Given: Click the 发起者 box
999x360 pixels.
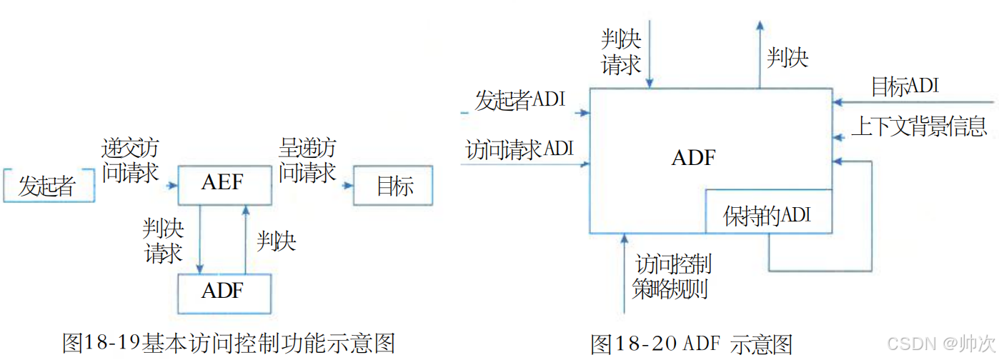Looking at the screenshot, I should (49, 186).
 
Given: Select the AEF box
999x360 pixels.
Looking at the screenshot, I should (223, 184).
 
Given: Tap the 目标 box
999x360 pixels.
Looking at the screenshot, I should (394, 186).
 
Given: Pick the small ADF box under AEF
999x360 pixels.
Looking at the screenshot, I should (223, 293).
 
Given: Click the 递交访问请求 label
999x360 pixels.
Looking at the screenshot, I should (130, 161).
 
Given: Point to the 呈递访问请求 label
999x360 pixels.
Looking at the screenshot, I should (307, 161).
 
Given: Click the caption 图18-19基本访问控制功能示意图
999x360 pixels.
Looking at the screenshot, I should (229, 343).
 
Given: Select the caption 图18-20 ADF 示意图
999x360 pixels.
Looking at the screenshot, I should (692, 344).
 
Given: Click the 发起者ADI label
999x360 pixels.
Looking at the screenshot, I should (520, 100).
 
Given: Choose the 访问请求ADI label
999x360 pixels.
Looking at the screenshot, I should (520, 150).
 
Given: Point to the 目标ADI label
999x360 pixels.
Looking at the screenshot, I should (904, 87).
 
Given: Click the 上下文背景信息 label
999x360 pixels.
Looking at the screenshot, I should (919, 127).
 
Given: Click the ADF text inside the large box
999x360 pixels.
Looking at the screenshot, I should (693, 157).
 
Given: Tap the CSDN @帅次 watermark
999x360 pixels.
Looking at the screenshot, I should (943, 344).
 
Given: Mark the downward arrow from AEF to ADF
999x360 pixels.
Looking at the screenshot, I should (199, 239).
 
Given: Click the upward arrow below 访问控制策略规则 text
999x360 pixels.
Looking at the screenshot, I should (624, 275).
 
